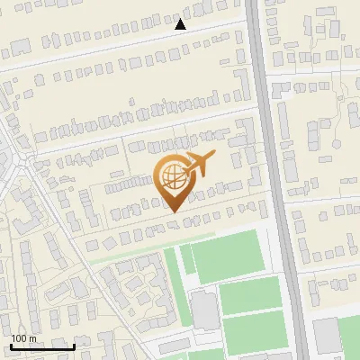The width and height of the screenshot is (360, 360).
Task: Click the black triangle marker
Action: click(x=180, y=24)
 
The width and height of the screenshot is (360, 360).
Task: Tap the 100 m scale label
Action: click(x=24, y=338)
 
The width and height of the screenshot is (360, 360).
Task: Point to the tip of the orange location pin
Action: click(x=172, y=211)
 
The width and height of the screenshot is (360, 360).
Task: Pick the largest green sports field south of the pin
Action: click(x=229, y=256)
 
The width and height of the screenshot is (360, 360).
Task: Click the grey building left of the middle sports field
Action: click(x=205, y=310)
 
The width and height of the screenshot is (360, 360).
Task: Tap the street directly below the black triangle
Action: click(x=180, y=37)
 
